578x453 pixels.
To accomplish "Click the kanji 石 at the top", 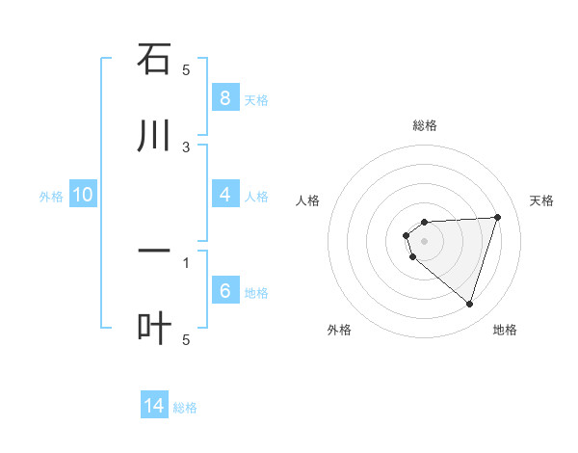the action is (154, 60).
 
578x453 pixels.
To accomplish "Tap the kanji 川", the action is (154, 137).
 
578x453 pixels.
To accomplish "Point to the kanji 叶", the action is (154, 329).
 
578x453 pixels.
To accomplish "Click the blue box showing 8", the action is (224, 97).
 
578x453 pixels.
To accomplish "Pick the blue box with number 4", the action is (224, 195).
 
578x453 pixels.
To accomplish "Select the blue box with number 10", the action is (83, 195).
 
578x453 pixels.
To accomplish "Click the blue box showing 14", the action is (154, 406).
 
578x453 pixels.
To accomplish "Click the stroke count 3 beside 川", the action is (187, 147).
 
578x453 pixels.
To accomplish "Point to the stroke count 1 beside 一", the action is (187, 261).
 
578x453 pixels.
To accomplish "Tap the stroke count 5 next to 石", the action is (187, 69).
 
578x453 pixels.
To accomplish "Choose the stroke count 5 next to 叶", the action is (187, 338).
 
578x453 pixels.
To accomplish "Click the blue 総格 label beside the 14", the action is (185, 408).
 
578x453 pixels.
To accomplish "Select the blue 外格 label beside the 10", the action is (51, 197).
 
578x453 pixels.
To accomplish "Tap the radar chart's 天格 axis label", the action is (541, 200).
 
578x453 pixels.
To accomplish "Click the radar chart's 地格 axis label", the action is (505, 330).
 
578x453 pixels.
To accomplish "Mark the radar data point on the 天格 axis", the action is (497, 217).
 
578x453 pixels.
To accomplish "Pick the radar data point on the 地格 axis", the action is (469, 304).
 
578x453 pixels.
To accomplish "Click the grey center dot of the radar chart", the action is (424, 241).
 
